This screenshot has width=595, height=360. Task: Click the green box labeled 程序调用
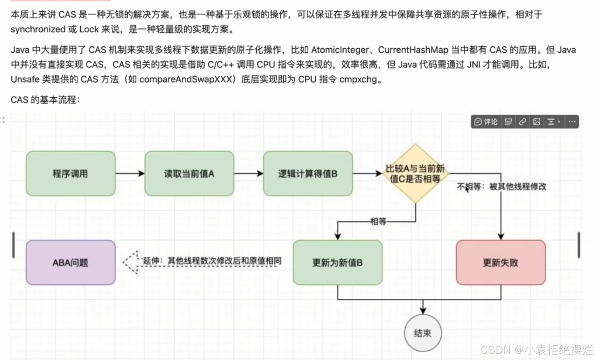(71, 173)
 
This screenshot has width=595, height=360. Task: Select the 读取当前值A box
(189, 173)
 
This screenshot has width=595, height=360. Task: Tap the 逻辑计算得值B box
(308, 173)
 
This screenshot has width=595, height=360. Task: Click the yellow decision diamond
(415, 174)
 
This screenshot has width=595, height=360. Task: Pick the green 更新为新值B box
(337, 263)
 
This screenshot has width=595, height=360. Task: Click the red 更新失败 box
(501, 263)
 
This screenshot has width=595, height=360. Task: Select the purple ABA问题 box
(71, 263)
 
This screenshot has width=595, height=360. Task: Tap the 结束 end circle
(423, 333)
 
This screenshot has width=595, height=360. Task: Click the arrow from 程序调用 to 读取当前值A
(130, 173)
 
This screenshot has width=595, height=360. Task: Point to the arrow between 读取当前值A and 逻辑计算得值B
(249, 173)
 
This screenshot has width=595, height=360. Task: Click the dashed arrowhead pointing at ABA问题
(131, 263)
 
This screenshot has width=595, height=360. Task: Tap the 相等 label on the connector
(378, 222)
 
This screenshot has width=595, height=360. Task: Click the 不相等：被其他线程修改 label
(501, 187)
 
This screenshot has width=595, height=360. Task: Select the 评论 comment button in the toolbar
(486, 122)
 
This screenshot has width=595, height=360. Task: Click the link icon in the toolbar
(523, 122)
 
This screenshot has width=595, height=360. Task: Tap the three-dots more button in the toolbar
(572, 122)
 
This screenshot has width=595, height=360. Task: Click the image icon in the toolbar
(537, 122)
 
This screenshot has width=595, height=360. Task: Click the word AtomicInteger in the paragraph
(339, 50)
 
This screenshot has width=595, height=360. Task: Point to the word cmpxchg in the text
(358, 79)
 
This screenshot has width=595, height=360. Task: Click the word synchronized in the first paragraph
(38, 30)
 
